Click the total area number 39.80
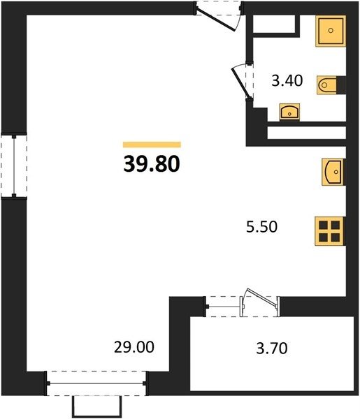152,164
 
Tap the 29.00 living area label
134,347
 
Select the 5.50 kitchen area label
261,227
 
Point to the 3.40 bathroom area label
287,81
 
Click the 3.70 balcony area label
272,348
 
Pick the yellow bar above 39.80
152,145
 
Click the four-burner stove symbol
330,231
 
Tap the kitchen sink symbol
333,172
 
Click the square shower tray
331,31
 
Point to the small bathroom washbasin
289,112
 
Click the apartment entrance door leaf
216,20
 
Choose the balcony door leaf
262,296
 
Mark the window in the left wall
14,166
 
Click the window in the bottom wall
96,383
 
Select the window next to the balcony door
224,307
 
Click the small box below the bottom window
96,406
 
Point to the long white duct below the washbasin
306,133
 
